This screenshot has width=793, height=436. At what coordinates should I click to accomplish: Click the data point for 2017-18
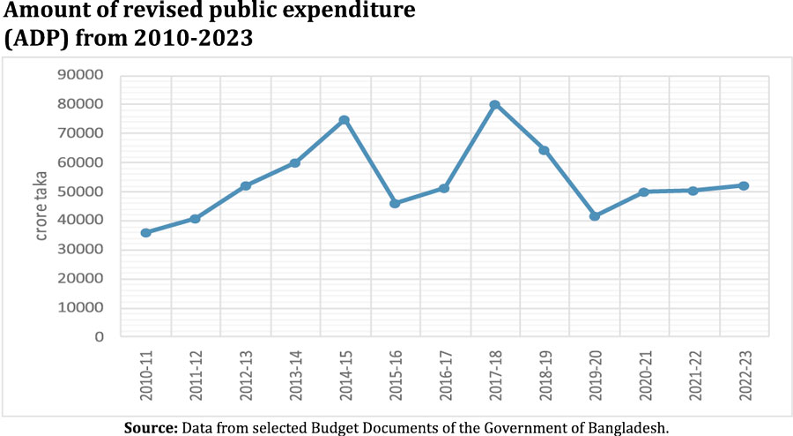point(495,105)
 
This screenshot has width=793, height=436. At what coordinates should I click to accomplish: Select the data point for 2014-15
point(345,120)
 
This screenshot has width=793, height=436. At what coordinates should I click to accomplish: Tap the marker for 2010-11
point(145,233)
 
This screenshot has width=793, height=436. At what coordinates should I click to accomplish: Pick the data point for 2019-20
point(595,216)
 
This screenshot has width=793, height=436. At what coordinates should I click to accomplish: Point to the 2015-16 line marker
point(395,203)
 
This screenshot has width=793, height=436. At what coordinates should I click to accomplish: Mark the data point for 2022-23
point(745,185)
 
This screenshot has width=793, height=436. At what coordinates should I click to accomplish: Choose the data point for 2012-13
point(246,186)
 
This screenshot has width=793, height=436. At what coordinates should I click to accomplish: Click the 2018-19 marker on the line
point(545,151)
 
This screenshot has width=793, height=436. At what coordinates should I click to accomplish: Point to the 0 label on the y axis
point(100,337)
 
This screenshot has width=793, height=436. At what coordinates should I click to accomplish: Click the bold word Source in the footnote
point(152,427)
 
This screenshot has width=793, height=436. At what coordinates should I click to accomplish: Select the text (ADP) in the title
point(33,40)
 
